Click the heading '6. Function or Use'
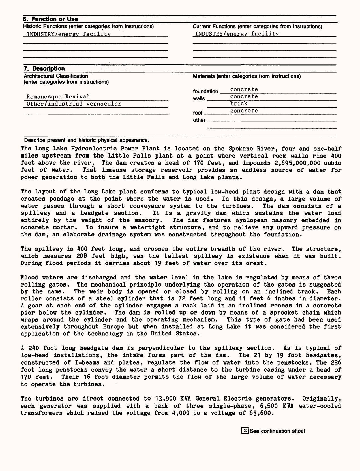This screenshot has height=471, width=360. (x=50, y=19)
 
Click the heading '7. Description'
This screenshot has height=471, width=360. (x=44, y=69)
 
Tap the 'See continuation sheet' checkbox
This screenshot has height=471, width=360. (x=245, y=431)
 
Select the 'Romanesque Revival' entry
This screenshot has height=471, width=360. (x=58, y=97)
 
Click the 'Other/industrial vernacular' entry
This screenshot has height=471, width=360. (x=74, y=104)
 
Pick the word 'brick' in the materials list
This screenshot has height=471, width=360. (x=239, y=104)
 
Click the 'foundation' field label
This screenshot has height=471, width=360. (x=205, y=92)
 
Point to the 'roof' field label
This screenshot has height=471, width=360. (x=198, y=113)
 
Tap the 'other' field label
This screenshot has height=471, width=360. (x=199, y=120)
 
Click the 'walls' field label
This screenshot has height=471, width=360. (x=199, y=99)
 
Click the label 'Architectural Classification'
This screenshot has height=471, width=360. (x=56, y=76)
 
